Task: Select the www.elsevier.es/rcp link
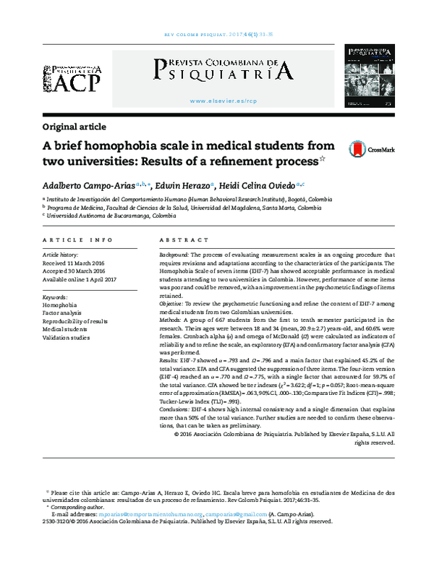coord(222,101)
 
